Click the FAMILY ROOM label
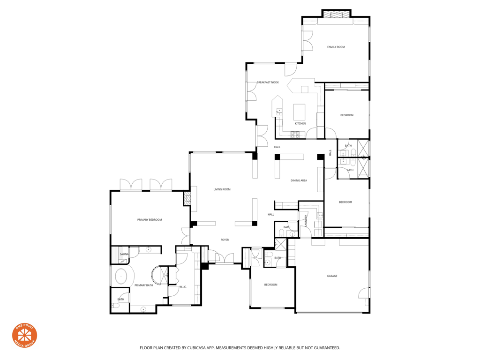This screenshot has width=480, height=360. (336, 47)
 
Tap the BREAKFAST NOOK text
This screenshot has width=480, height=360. (268, 82)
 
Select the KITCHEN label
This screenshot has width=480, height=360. (300, 124)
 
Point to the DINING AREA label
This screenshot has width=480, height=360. (299, 180)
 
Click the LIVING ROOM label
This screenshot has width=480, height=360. (222, 189)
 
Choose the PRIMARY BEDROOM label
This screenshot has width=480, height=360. (150, 220)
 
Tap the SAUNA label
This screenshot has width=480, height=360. (124, 254)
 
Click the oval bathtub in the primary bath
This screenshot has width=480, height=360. (121, 276)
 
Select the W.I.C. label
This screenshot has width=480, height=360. (183, 287)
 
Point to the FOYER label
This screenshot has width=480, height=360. (225, 240)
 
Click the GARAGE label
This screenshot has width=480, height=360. (332, 276)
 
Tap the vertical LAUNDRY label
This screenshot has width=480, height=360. (306, 221)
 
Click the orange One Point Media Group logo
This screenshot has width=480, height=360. (24, 335)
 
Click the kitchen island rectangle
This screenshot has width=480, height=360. (300, 112)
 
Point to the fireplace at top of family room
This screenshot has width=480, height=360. (336, 15)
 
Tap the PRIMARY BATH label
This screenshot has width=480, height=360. (143, 285)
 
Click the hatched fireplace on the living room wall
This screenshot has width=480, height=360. (187, 199)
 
